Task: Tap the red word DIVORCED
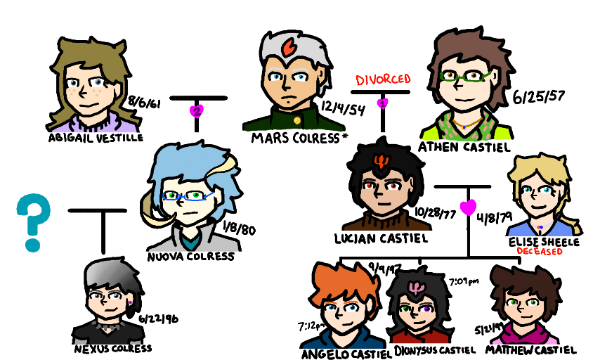pyautogui.click(x=383, y=79)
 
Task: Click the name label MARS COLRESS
pyautogui.click(x=295, y=138)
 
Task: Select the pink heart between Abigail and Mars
pyautogui.click(x=197, y=111)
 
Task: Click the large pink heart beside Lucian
pyautogui.click(x=469, y=207)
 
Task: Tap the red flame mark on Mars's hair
pyautogui.click(x=287, y=50)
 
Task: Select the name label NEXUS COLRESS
pyautogui.click(x=112, y=347)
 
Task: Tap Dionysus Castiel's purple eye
pyautogui.click(x=426, y=307)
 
